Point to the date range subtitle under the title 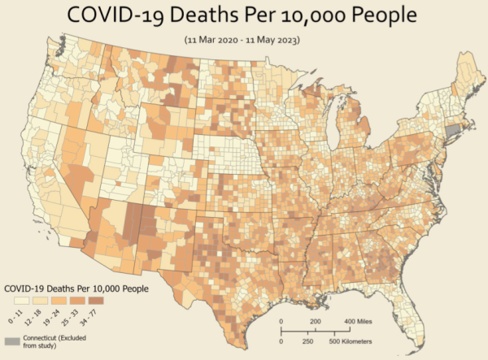[243, 38]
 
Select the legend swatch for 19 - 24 [62, 300]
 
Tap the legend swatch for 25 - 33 [85, 300]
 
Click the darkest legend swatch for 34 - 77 [107, 300]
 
